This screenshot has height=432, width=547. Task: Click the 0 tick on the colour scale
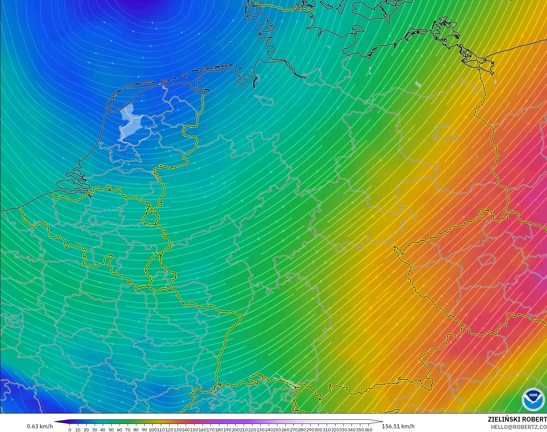[x=70, y=429]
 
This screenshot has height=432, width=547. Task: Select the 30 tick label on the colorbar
[x=95, y=429]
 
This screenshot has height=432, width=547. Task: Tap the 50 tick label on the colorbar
[x=111, y=429]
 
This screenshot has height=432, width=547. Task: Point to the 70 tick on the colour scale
[x=128, y=429]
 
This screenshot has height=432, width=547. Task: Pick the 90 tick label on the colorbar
[x=144, y=429]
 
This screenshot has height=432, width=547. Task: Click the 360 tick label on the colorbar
[x=368, y=429]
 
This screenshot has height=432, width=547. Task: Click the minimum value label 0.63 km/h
[x=40, y=426]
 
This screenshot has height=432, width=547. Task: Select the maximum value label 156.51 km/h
[x=398, y=426]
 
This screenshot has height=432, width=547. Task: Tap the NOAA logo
[x=533, y=399]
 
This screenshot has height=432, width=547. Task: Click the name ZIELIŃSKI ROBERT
[x=517, y=420]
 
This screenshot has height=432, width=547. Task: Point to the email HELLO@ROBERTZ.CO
[x=519, y=427]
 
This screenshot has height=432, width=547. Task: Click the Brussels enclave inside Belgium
[x=92, y=220]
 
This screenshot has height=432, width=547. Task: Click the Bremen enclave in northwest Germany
[x=264, y=100]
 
